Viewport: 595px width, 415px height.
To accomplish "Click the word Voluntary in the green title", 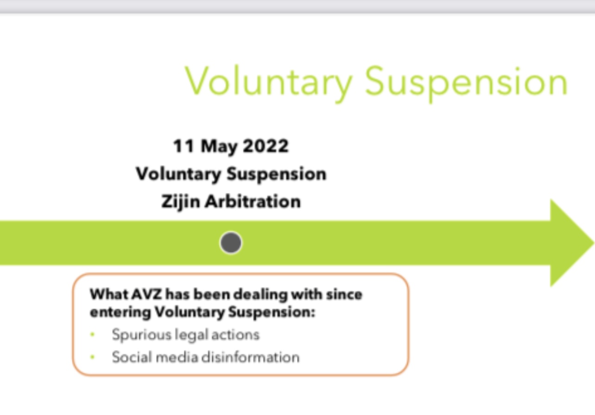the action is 269,83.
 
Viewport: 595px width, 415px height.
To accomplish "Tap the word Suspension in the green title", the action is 467,83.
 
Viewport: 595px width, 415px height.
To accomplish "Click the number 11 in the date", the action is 184,146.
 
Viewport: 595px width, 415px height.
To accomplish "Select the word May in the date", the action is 219,147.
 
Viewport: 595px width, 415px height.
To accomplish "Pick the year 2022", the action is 266,146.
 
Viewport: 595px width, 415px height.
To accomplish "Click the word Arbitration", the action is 253,201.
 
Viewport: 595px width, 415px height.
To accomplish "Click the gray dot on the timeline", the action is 231,243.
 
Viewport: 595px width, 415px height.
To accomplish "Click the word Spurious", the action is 142,335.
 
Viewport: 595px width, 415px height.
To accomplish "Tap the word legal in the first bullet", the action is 191,335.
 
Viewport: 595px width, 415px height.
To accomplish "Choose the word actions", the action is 235,335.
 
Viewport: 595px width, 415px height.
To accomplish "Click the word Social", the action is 132,357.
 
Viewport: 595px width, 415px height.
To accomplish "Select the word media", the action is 177,357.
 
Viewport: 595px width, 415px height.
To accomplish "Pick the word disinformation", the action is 251,357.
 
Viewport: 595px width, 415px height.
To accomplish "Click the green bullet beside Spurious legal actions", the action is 92,334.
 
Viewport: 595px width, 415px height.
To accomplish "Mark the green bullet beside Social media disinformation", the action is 92,357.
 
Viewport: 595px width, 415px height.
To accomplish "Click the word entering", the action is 120,313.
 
